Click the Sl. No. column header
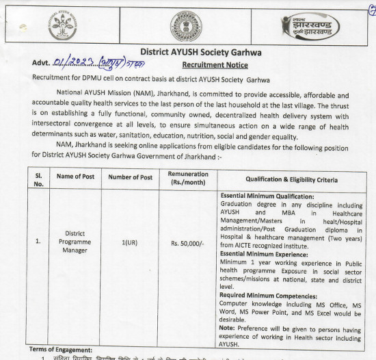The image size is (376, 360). [38, 179]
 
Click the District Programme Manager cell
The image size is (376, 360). [75, 242]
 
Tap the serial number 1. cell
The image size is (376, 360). [38, 242]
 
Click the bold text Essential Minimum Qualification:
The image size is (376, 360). [267, 196]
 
